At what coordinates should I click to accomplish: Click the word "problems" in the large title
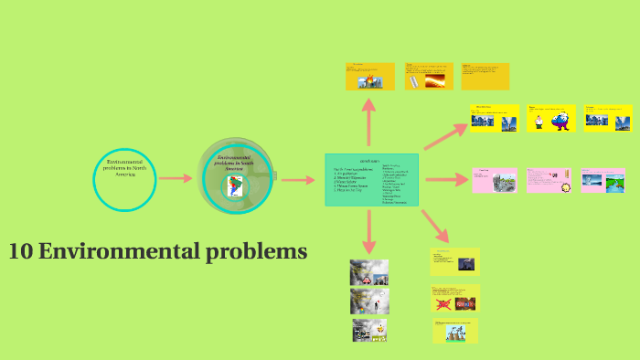pyautogui.click(x=263, y=251)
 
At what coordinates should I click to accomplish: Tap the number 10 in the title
pyautogui.click(x=20, y=251)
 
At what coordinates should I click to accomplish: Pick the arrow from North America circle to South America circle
pyautogui.click(x=176, y=179)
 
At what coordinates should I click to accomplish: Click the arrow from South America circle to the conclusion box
pyautogui.click(x=297, y=179)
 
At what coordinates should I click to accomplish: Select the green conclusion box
pyautogui.click(x=372, y=179)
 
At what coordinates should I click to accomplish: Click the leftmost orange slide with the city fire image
pyautogui.click(x=369, y=76)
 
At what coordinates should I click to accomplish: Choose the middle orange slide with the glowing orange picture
pyautogui.click(x=429, y=76)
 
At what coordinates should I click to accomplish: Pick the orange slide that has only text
pyautogui.click(x=485, y=76)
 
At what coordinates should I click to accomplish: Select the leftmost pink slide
pyautogui.click(x=495, y=180)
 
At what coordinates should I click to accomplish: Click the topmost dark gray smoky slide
pyautogui.click(x=368, y=272)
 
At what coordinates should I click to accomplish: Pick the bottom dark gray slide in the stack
pyautogui.click(x=368, y=329)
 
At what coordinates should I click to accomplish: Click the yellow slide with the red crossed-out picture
pyautogui.click(x=455, y=298)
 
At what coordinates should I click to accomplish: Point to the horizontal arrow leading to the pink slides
pyautogui.click(x=445, y=179)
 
